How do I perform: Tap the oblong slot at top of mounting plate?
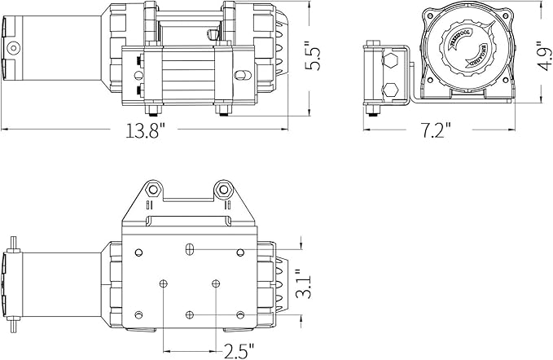tap(190, 248)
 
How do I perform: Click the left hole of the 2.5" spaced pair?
tap(165, 283)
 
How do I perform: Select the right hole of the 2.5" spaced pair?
tap(216, 283)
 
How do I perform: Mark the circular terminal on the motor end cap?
tap(14, 48)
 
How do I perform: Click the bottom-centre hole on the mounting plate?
tap(190, 314)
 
